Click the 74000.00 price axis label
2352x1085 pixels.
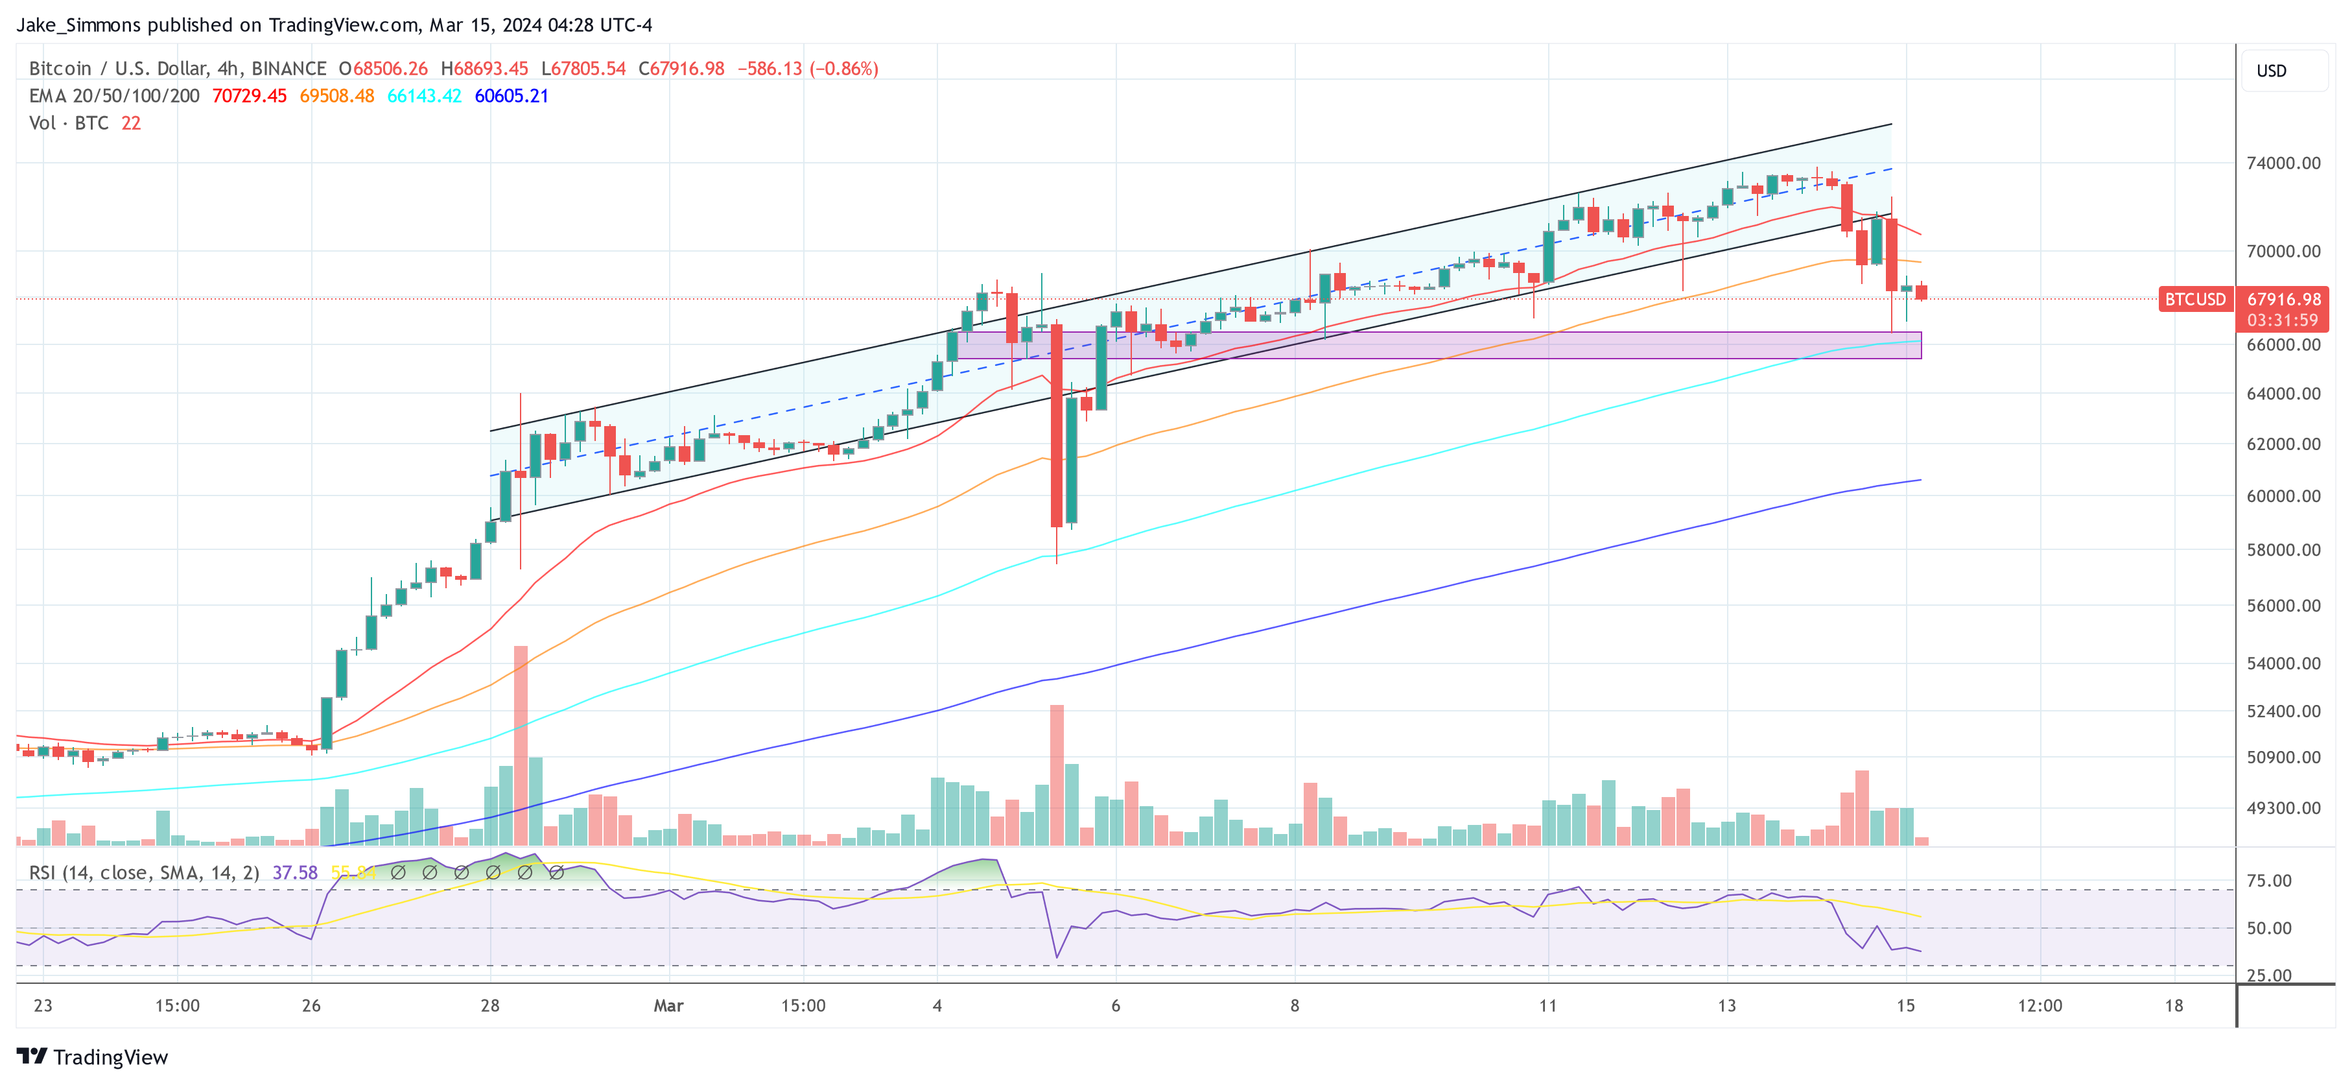[x=2283, y=163]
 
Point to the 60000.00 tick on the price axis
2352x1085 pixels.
[x=2283, y=496]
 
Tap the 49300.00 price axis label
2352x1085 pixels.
[x=2283, y=808]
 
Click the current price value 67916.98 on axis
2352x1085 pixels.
[x=2283, y=300]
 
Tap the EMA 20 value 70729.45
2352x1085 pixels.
[x=249, y=96]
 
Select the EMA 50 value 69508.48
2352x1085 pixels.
[x=337, y=96]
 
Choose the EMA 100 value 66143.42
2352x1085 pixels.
[x=425, y=96]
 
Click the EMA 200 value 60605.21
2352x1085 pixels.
[x=512, y=96]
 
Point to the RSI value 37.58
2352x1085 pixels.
[x=295, y=873]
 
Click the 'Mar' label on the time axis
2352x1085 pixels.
[x=668, y=1005]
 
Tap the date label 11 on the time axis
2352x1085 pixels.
[x=1547, y=1005]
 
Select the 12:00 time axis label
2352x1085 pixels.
[x=2040, y=1005]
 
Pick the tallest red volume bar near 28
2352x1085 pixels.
[x=521, y=745]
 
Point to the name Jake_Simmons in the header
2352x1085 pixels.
[x=78, y=25]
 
